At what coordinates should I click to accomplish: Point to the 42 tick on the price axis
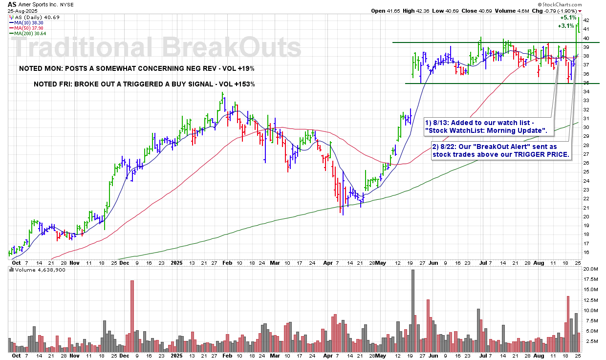(586, 21)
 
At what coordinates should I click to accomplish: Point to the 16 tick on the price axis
(586, 253)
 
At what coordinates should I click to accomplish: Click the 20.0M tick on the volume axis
(590, 269)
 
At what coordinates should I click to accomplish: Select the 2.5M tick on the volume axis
(590, 341)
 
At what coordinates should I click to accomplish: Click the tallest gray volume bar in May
(413, 310)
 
